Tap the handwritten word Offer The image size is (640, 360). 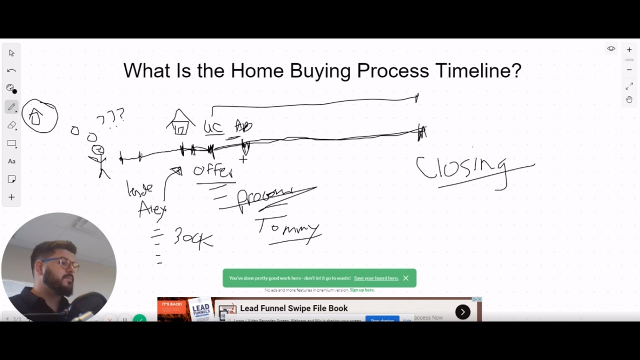coord(213,171)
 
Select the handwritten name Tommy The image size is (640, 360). coord(288,229)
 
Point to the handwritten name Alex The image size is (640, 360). coord(152,208)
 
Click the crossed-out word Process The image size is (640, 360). coord(265,196)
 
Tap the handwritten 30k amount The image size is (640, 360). coord(193,237)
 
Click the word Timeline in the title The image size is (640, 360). coord(478,70)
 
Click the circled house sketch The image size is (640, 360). coord(39,116)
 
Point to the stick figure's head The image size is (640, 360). coord(98,149)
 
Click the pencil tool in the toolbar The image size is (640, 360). coord(11,107)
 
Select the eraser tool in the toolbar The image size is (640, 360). coord(11,125)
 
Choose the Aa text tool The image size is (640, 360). coord(11,161)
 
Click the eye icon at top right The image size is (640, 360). coord(611,48)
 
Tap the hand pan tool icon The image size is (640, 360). coord(629,99)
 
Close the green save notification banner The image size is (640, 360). coord(405,278)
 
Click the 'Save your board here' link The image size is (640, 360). coord(376,278)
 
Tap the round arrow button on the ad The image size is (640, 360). coord(462,312)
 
